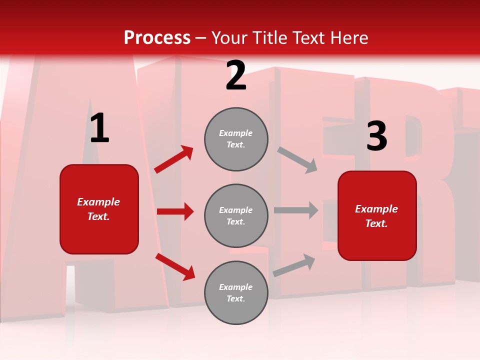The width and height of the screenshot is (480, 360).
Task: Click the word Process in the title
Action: [157, 37]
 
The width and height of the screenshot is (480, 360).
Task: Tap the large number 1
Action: [99, 128]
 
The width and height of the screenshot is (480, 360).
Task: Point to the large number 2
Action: [236, 76]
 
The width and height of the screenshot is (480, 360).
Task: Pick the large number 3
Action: [376, 136]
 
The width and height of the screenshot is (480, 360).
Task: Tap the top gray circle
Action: [236, 139]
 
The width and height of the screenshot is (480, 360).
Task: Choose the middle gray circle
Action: [236, 216]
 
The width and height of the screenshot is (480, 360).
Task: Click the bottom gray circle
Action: [236, 293]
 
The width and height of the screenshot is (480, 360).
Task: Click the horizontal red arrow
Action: [175, 211]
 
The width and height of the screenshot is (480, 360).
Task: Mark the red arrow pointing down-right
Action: [175, 266]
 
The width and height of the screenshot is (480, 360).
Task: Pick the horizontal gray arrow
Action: [296, 210]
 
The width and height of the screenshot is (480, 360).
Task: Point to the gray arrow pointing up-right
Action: [294, 265]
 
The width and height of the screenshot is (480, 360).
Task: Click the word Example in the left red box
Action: [98, 202]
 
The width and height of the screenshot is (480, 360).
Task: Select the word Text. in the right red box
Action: [376, 223]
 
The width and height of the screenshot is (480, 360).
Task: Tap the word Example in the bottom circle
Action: [236, 287]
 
